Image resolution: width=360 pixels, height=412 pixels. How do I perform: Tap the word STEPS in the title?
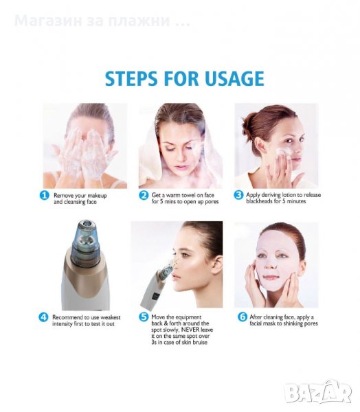tap(131, 78)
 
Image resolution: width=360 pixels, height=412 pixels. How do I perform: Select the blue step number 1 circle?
tap(45, 196)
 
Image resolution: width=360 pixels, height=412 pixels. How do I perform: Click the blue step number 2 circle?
tap(144, 195)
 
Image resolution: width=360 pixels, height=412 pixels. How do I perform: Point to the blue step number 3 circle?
tap(238, 195)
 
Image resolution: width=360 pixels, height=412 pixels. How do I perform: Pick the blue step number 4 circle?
tap(43, 317)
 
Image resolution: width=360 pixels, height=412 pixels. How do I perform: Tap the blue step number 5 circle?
tap(144, 317)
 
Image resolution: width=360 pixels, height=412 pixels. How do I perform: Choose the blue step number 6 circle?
tap(243, 317)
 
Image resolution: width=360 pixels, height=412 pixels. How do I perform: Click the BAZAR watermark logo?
tap(318, 392)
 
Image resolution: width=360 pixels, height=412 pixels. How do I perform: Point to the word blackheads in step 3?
tap(259, 201)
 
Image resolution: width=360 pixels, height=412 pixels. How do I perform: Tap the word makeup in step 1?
tap(98, 196)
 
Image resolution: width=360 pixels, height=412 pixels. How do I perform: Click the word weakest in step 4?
tap(111, 317)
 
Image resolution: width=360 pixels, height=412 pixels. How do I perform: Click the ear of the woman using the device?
tap(217, 264)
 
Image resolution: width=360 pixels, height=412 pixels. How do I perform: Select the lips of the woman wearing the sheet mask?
tap(270, 277)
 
